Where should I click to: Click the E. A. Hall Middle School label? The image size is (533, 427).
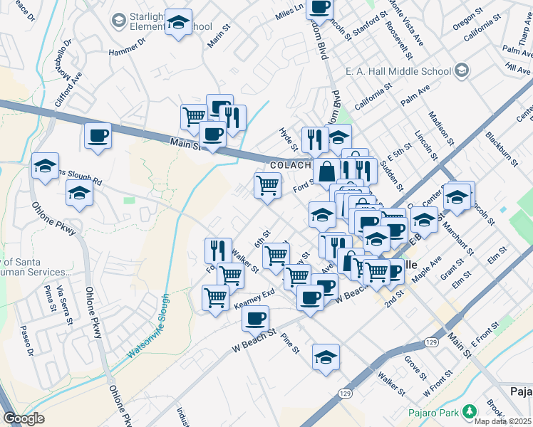398,71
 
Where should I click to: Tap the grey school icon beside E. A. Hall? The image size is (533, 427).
462,70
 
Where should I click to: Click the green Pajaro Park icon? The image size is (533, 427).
469,411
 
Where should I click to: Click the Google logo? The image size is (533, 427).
24,418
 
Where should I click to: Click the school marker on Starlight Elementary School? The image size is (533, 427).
179,21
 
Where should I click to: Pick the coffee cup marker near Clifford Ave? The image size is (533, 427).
98,135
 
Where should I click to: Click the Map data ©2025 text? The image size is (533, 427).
503,421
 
